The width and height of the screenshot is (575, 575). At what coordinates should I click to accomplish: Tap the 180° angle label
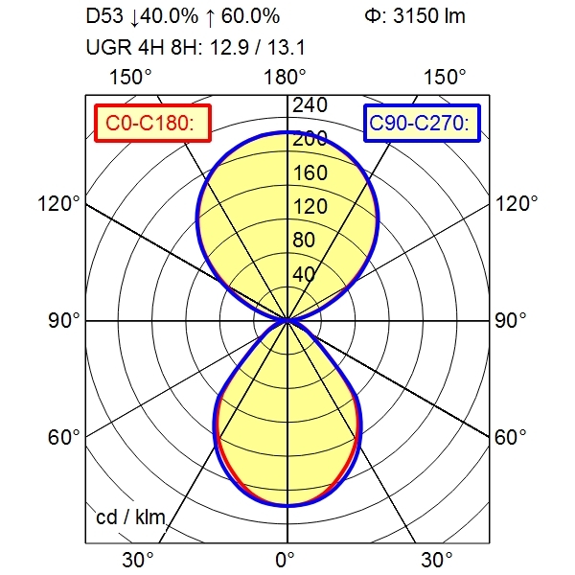[287, 77]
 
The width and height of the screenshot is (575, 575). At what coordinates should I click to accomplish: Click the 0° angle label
[287, 559]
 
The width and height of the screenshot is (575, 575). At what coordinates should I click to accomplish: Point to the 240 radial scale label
[310, 104]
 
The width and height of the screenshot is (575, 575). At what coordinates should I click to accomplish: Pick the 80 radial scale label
[306, 241]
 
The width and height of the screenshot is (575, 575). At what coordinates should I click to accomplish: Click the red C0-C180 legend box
[152, 123]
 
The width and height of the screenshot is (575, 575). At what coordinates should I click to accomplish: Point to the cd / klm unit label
[131, 518]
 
